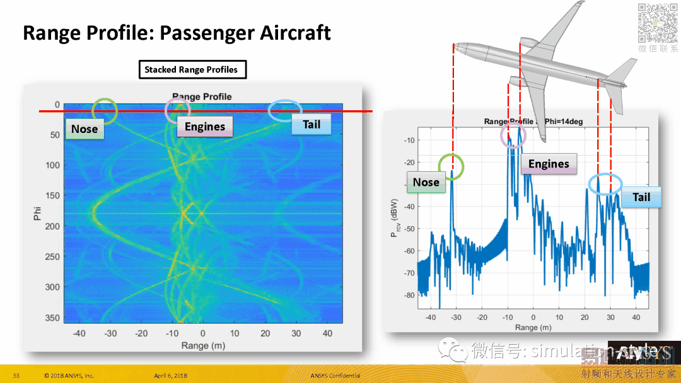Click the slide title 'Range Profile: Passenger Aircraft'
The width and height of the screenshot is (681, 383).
click(x=177, y=33)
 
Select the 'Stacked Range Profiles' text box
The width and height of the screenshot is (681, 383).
click(x=192, y=70)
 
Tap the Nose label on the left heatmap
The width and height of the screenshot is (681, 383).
click(x=84, y=129)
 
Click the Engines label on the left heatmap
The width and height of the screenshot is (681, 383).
click(x=204, y=127)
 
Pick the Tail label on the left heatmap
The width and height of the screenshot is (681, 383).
click(x=311, y=125)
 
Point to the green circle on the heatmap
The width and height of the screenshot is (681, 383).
click(x=104, y=111)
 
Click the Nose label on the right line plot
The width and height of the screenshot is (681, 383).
click(x=426, y=182)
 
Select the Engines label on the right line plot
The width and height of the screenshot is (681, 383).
click(x=548, y=164)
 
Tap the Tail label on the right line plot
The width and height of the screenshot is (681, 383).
click(x=641, y=197)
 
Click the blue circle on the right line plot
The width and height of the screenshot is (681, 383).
click(x=605, y=184)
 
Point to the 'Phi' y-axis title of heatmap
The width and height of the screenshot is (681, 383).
click(x=37, y=213)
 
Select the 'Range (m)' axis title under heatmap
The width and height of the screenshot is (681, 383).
click(x=202, y=345)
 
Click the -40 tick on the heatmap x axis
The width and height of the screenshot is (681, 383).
click(x=79, y=333)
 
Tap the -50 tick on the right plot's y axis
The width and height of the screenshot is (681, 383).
click(x=409, y=229)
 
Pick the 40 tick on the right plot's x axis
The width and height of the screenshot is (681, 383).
click(x=636, y=317)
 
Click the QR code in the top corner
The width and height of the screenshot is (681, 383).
click(x=658, y=23)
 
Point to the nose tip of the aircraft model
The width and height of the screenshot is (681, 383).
click(x=455, y=47)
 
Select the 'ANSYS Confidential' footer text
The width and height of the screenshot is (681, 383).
click(x=335, y=376)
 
